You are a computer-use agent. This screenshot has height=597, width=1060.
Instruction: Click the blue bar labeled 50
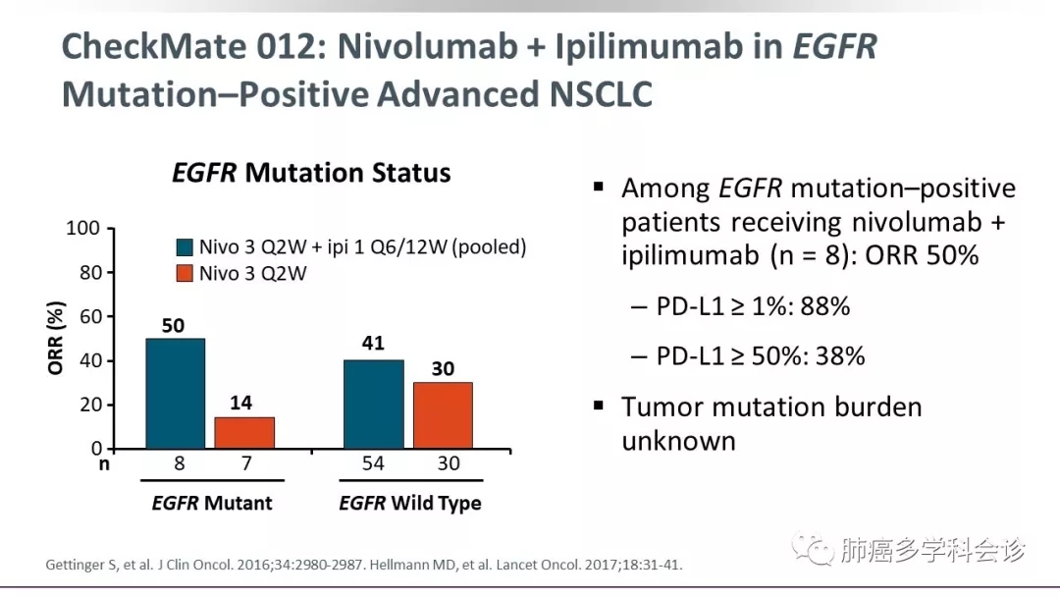point(176,394)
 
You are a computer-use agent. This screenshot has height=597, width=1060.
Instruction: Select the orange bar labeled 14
point(244,433)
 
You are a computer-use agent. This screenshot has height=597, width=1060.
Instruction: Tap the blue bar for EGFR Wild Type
point(373,404)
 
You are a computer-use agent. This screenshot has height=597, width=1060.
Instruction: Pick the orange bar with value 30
point(443,415)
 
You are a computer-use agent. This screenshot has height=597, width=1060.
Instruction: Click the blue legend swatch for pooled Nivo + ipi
point(185,247)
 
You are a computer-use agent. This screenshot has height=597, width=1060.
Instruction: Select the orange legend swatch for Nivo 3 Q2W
point(185,273)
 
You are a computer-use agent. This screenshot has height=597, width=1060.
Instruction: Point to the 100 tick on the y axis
point(83,229)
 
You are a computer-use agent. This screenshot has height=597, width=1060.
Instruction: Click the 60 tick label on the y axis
point(89,317)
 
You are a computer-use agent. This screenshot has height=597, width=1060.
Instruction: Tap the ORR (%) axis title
point(56,339)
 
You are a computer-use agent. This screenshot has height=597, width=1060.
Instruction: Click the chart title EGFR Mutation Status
point(311,174)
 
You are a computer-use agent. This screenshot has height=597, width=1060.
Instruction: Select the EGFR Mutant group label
point(211,504)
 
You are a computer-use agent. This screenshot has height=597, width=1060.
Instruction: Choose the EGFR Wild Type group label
point(410,504)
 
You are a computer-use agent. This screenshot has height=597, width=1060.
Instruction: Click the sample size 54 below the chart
point(374,463)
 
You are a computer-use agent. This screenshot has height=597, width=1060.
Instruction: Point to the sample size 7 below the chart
point(244,463)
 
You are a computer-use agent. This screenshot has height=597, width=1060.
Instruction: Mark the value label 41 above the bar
point(373,344)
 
